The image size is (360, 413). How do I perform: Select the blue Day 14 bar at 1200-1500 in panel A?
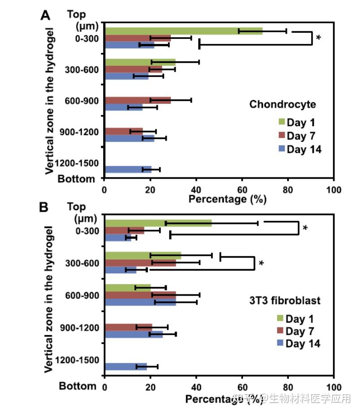[x=128, y=169]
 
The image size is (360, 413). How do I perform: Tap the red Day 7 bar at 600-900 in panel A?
[x=137, y=100]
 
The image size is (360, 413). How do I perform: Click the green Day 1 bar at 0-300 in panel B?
[x=158, y=223]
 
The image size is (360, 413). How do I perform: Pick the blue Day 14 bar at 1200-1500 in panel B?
[x=126, y=367]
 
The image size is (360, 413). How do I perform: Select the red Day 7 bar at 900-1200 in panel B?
[x=128, y=327]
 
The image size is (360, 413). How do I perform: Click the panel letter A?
[x=46, y=15]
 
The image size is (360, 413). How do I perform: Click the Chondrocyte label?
[x=282, y=104]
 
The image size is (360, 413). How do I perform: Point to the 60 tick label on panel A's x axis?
[x=242, y=189]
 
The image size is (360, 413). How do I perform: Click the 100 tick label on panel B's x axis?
[x=334, y=386]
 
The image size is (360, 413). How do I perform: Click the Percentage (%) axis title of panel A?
[x=227, y=199]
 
